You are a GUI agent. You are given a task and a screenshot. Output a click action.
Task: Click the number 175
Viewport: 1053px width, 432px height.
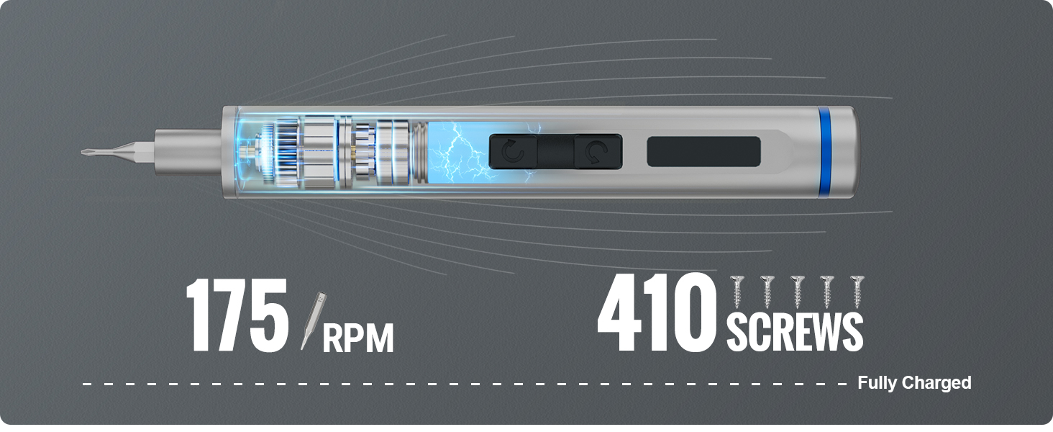[237, 315]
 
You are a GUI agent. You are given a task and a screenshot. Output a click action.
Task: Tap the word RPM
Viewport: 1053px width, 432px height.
[358, 338]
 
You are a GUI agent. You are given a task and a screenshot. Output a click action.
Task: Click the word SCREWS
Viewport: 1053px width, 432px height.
[795, 332]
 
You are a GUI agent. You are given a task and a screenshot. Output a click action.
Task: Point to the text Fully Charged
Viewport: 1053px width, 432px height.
[914, 382]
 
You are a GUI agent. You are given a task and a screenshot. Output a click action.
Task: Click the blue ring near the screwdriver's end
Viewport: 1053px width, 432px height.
[824, 151]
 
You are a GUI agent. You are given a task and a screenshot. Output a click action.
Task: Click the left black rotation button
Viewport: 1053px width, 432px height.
[513, 151]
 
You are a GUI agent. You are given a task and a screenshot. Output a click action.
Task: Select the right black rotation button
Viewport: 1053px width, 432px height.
[598, 151]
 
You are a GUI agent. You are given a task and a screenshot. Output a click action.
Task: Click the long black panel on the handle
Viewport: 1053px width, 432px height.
[703, 151]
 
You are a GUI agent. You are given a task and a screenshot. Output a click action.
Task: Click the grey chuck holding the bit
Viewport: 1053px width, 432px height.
[188, 151]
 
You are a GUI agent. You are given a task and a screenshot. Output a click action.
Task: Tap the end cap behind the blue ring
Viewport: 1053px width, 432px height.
[845, 151]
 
